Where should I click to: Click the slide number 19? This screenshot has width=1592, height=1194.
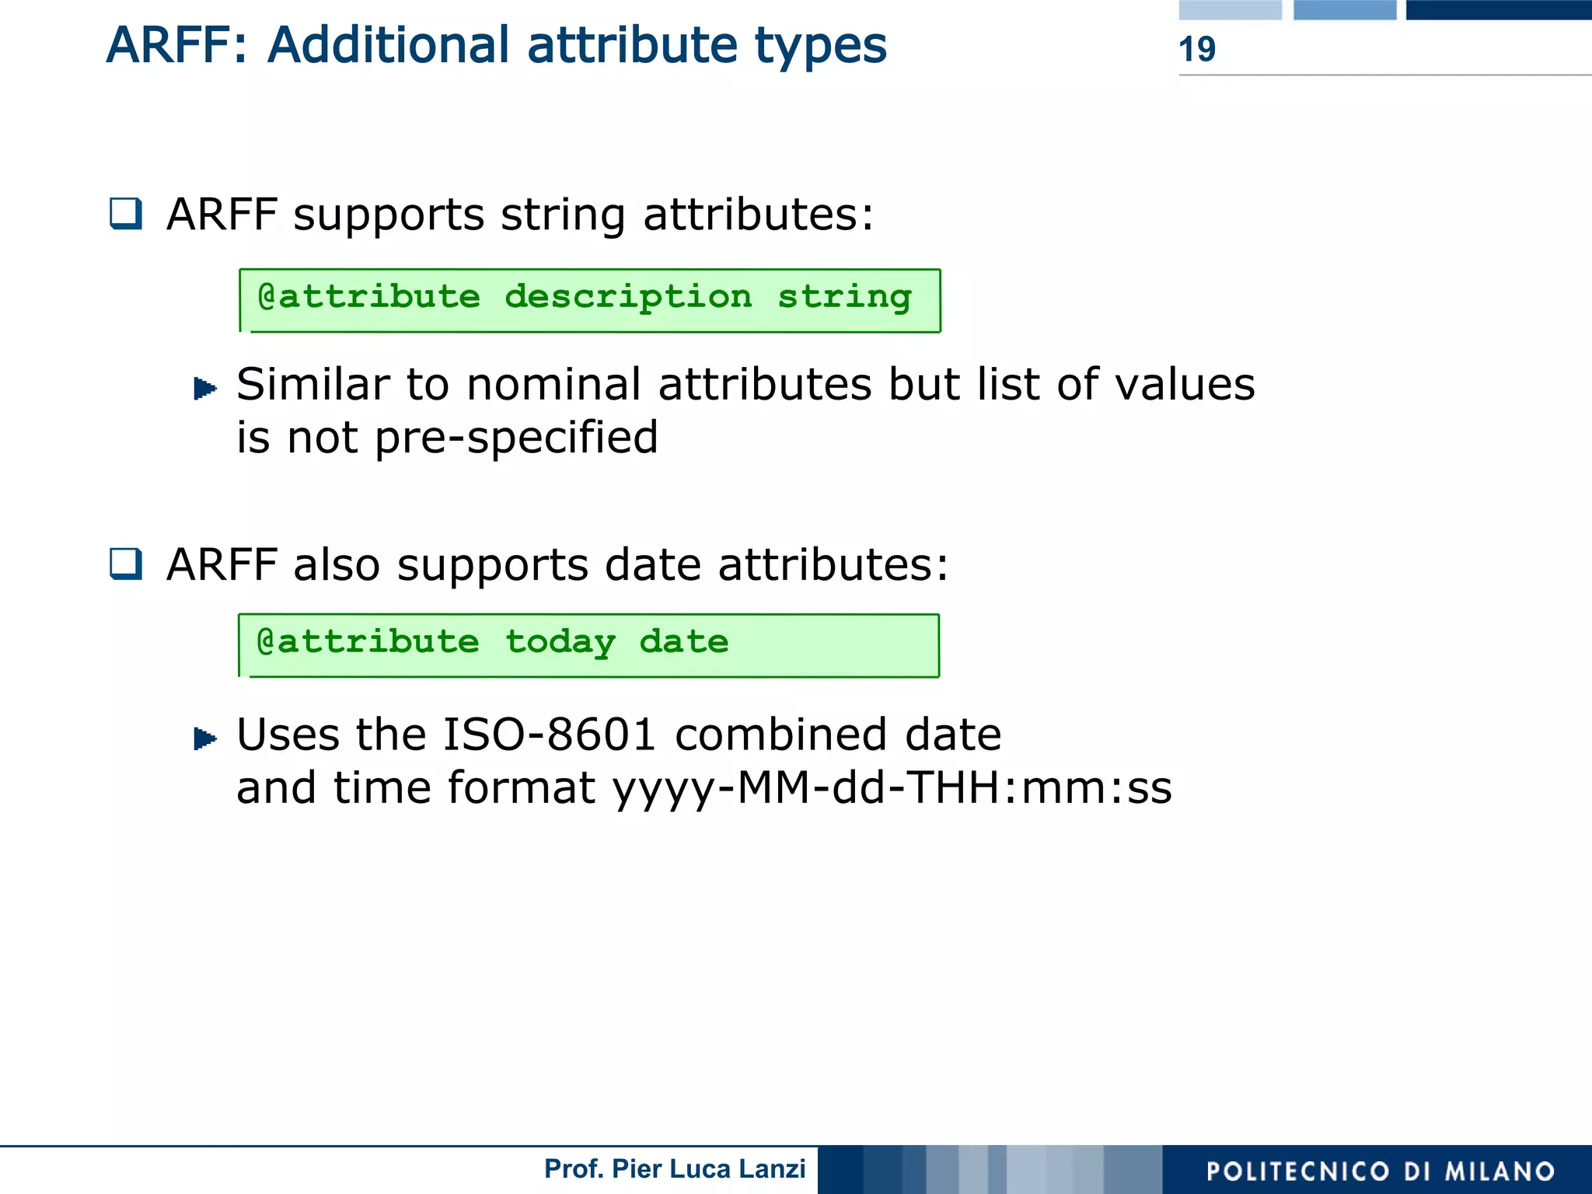(1196, 49)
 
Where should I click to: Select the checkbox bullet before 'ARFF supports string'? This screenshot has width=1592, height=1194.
(126, 213)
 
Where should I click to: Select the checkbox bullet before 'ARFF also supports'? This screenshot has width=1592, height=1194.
(126, 564)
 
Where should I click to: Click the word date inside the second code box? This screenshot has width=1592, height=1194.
(684, 642)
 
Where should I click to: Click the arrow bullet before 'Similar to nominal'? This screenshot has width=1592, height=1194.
(204, 387)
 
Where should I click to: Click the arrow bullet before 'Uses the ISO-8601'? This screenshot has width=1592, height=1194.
(204, 738)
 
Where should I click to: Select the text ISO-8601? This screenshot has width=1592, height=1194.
(549, 735)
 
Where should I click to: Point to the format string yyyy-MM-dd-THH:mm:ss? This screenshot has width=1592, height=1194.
(892, 788)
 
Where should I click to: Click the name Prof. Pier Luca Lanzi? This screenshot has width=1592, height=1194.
(675, 1169)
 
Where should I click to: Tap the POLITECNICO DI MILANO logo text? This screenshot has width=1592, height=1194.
(1380, 1171)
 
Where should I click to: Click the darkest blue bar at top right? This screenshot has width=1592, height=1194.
(1498, 9)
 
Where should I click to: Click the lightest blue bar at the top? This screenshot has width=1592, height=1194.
(1230, 9)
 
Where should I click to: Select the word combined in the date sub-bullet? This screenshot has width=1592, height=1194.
(780, 735)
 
